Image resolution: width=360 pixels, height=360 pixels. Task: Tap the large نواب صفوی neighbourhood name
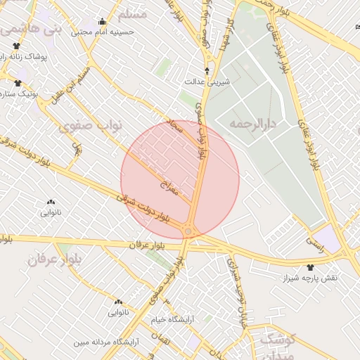pos(92,126)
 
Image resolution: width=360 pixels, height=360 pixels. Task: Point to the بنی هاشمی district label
pos(32,29)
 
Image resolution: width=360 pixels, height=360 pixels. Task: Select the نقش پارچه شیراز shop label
pos(310,278)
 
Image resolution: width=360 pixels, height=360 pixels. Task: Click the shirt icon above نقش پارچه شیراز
pos(310,267)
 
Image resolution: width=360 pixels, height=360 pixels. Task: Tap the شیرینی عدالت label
pos(207,82)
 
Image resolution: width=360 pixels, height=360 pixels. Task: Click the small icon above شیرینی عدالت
pos(207,71)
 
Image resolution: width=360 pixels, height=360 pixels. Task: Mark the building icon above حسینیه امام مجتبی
pos(103,21)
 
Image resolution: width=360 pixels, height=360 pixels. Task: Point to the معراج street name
pos(171,184)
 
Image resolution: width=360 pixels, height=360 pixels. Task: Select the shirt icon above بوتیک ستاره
pos(17,83)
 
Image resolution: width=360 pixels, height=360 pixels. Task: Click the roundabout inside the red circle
pos(188,231)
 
